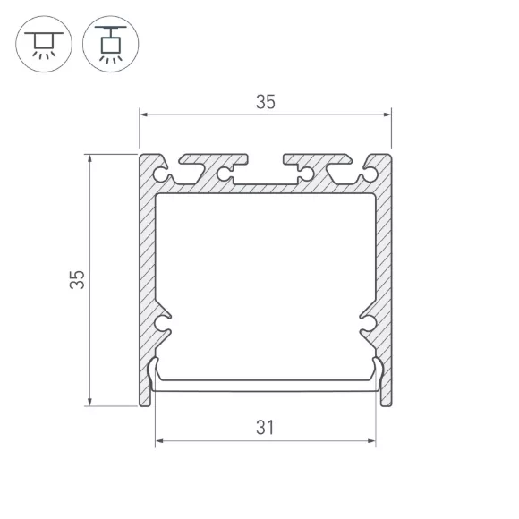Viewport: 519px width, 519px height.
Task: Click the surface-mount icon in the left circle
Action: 44,44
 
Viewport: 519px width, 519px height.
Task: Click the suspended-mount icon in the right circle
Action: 111,44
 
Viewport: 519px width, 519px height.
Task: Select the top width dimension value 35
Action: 266,102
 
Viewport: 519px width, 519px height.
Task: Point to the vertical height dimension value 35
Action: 77,280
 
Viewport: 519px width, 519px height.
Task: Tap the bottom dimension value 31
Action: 265,428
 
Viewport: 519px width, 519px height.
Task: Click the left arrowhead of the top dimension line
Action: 144,115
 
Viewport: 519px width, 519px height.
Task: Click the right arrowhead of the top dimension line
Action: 387,115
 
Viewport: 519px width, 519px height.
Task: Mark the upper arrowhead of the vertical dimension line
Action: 89,158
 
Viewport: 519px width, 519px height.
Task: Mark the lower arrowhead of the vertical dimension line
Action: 89,402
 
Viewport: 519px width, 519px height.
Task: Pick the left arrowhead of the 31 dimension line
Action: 159,441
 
